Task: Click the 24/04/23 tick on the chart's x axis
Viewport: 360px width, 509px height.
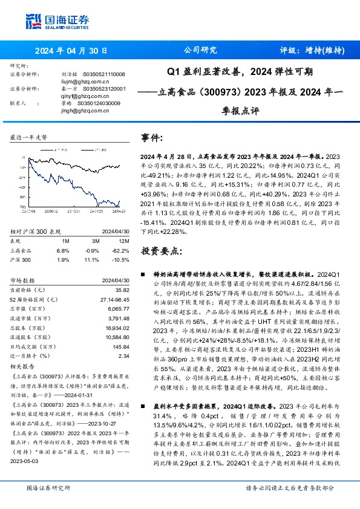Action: [119, 210]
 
